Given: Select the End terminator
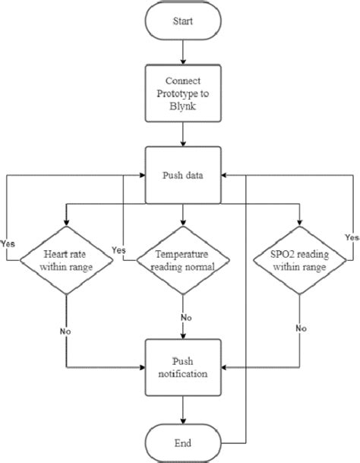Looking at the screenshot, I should pyautogui.click(x=182, y=442).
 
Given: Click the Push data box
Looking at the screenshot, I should pyautogui.click(x=182, y=175).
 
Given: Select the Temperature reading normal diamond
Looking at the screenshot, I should pyautogui.click(x=182, y=261).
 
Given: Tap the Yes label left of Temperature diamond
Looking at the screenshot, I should pyautogui.click(x=118, y=249).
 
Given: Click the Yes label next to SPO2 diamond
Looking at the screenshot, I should pyautogui.click(x=351, y=238).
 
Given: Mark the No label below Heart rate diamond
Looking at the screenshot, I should pyautogui.click(x=66, y=332).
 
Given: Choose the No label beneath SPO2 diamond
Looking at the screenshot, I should pyautogui.click(x=302, y=328).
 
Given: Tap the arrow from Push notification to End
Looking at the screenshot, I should pyautogui.click(x=182, y=408).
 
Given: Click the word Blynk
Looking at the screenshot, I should pyautogui.click(x=182, y=107).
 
